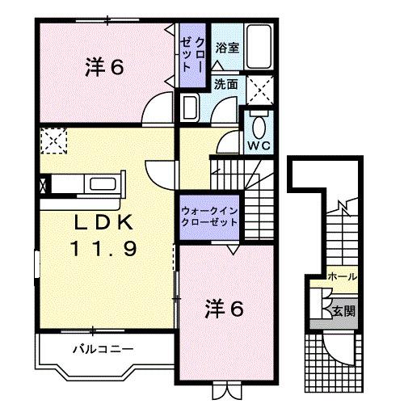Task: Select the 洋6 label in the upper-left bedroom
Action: pyautogui.click(x=104, y=68)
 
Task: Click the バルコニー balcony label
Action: pyautogui.click(x=101, y=350)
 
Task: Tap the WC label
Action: pyautogui.click(x=258, y=146)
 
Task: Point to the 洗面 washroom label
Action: pyautogui.click(x=225, y=83)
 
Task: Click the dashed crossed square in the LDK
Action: pyautogui.click(x=53, y=141)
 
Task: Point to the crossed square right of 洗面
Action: pyautogui.click(x=259, y=86)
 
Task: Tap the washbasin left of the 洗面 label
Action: pyautogui.click(x=191, y=107)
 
